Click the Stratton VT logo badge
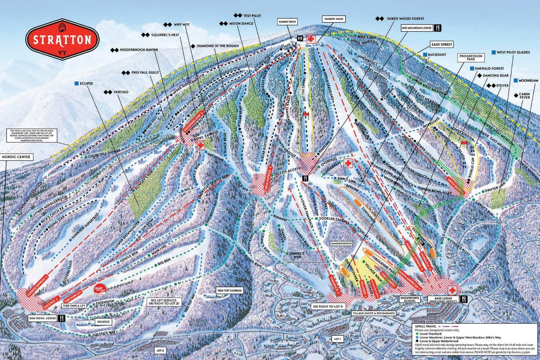62,40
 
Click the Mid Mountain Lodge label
417,28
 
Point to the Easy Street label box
442,45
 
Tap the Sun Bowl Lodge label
42,318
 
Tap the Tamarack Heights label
341,244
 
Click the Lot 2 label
160,351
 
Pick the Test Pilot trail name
252,16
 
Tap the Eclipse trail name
87,83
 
